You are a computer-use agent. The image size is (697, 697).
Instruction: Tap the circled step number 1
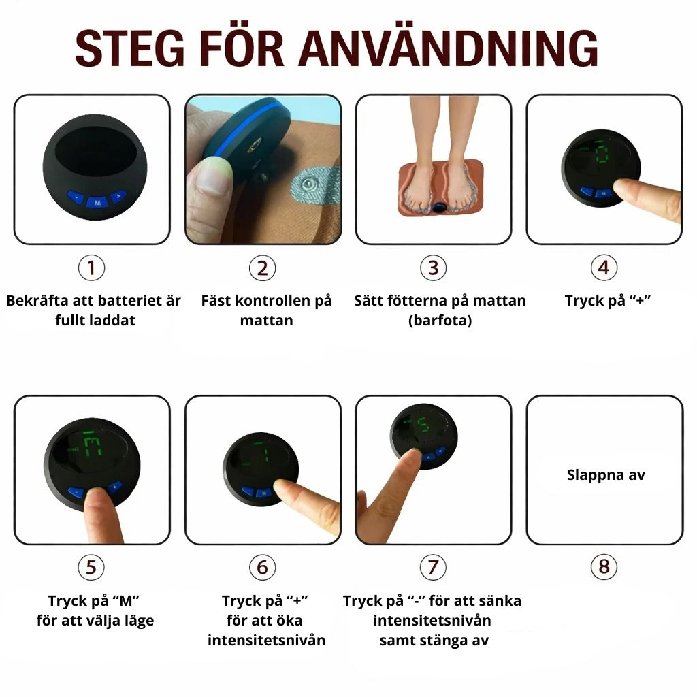pyautogui.click(x=91, y=268)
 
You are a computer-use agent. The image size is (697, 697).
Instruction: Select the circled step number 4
pyautogui.click(x=604, y=268)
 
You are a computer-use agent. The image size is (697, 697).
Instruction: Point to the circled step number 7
pyautogui.click(x=433, y=567)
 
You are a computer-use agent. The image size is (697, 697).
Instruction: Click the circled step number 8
pyautogui.click(x=604, y=567)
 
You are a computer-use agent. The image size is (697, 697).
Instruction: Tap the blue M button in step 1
pyautogui.click(x=98, y=203)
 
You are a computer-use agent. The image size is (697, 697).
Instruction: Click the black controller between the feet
pyautogui.click(x=440, y=207)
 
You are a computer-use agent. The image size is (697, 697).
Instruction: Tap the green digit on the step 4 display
pyautogui.click(x=602, y=152)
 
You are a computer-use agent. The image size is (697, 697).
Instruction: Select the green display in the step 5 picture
pyautogui.click(x=92, y=444)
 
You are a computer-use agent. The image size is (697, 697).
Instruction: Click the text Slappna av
pyautogui.click(x=605, y=475)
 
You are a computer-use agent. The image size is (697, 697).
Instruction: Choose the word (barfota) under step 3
pyautogui.click(x=440, y=321)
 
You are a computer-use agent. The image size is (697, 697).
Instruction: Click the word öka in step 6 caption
pyautogui.click(x=291, y=620)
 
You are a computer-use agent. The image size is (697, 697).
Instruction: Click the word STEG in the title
pyautogui.click(x=129, y=48)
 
